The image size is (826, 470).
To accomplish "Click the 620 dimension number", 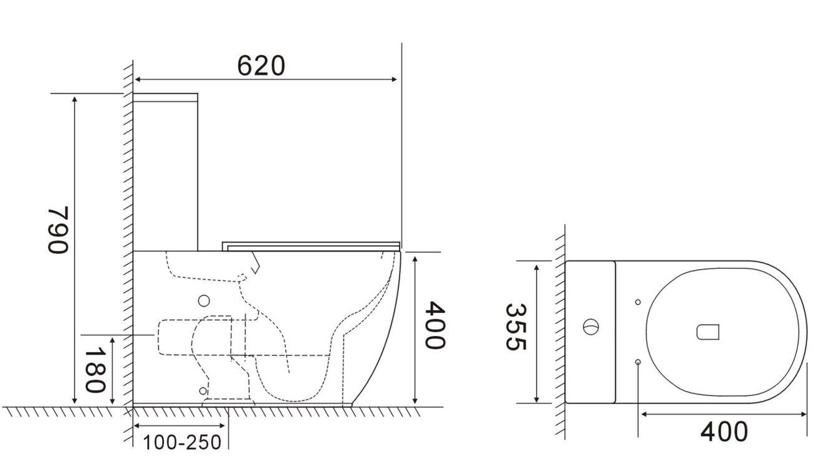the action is [x=261, y=65].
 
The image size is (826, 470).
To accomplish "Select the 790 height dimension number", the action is [x=58, y=229].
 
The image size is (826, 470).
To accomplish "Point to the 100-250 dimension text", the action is [x=182, y=442].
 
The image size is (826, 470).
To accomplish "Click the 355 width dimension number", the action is [x=516, y=327].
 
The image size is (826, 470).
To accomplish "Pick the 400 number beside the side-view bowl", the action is [x=435, y=325].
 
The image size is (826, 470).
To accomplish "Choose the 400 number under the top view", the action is [x=724, y=431].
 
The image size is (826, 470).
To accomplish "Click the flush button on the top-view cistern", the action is [x=590, y=327].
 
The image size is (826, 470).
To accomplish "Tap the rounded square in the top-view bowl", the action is [x=708, y=332].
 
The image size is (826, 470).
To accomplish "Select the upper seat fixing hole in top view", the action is [x=638, y=302].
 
